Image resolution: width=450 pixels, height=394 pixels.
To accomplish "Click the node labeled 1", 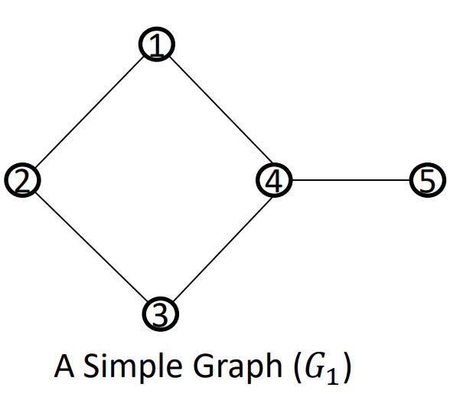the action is [157, 44].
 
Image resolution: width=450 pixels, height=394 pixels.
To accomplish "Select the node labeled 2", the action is [22, 180].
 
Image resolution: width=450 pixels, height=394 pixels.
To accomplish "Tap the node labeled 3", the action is [161, 314].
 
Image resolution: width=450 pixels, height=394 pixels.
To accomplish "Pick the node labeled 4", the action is [274, 180].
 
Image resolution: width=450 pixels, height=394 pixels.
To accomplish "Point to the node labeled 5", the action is [428, 180].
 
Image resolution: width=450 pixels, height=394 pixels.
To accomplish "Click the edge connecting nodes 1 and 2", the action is [90, 112].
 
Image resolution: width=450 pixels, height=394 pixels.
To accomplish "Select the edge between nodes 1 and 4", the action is [220, 110].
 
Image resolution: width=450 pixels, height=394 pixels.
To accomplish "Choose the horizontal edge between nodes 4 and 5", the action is [351, 180].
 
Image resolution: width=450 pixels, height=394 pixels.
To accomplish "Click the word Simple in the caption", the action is [133, 366].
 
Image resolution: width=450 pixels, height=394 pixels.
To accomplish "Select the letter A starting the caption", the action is [64, 366].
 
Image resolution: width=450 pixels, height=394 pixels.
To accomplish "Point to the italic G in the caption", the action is [315, 366].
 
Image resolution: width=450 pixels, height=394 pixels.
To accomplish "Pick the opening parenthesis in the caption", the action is [298, 368].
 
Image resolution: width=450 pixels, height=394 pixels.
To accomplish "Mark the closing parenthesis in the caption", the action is [347, 368].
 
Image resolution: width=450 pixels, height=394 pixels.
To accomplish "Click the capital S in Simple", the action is [92, 366].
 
